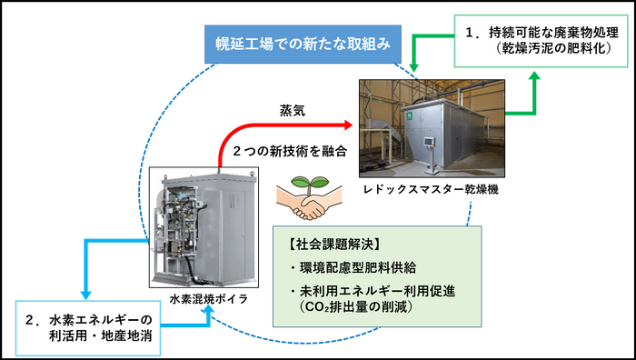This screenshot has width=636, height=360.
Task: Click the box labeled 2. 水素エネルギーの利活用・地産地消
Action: (x=87, y=328)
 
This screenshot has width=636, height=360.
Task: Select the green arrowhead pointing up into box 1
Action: (x=535, y=79)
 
